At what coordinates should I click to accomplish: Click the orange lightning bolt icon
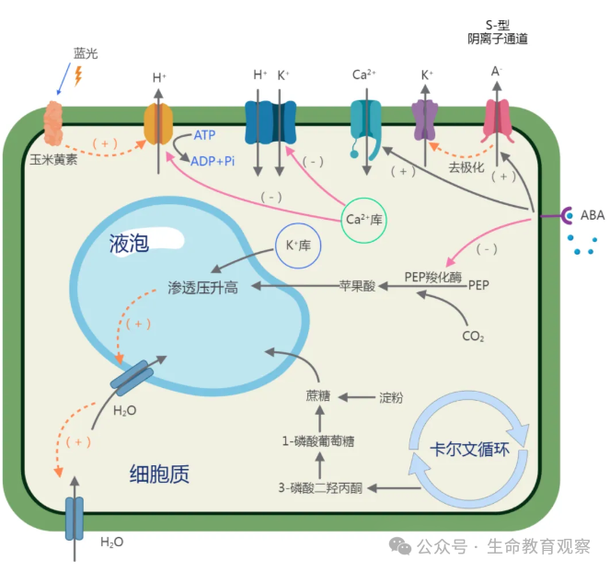[77, 75]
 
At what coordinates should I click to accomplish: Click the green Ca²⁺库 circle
[363, 220]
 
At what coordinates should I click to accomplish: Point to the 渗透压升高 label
[203, 288]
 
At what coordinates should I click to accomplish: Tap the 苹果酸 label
[357, 287]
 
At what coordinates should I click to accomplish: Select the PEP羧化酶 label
[432, 276]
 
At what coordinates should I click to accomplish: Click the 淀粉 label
[391, 398]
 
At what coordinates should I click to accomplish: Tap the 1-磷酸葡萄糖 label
[318, 441]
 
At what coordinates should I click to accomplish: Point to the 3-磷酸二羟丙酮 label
[320, 486]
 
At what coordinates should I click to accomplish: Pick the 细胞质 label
[159, 474]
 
